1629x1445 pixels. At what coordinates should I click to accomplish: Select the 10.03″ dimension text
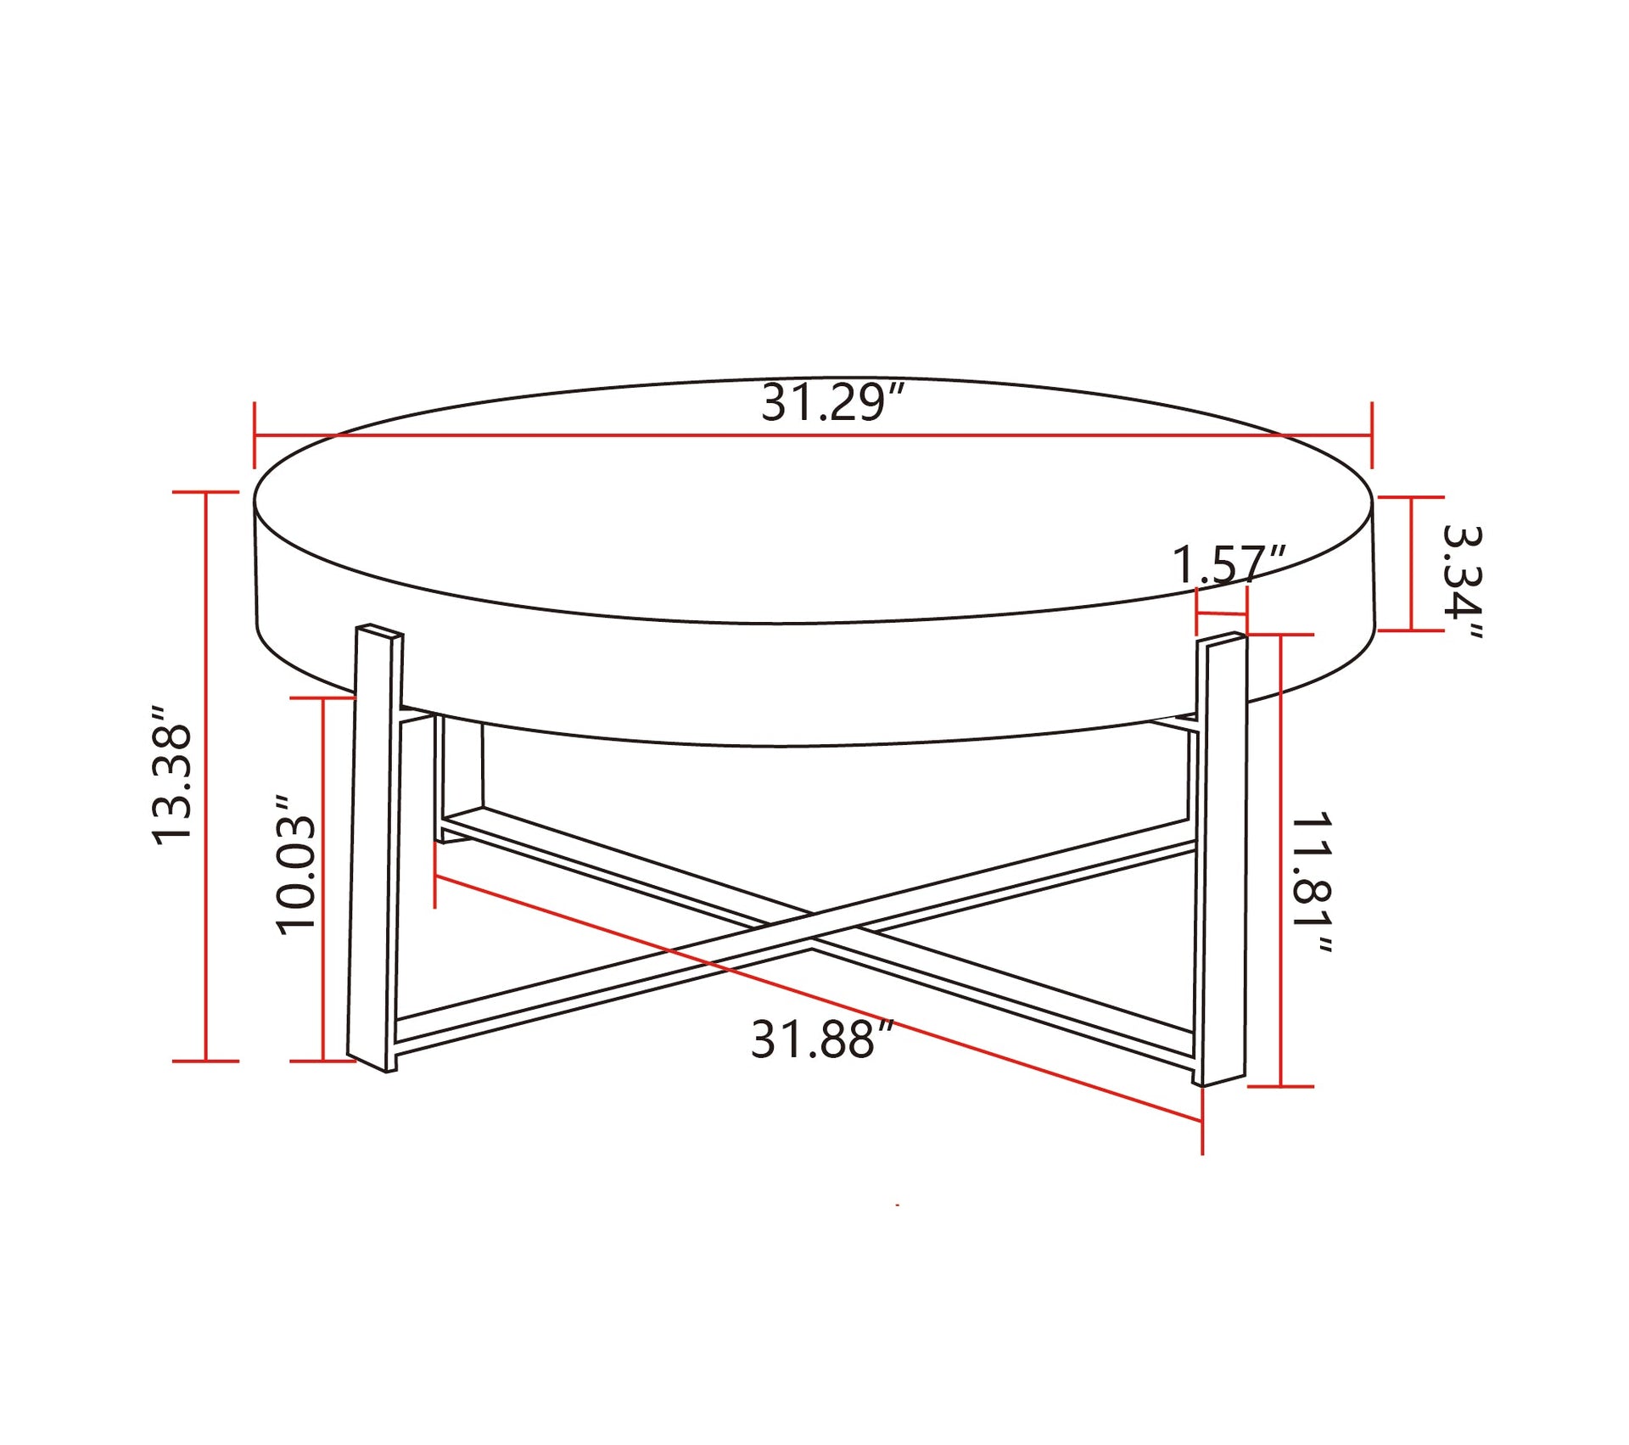tap(296, 865)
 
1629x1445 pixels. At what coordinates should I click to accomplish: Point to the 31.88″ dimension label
tap(822, 1039)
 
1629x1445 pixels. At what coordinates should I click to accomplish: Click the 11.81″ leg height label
tap(1310, 882)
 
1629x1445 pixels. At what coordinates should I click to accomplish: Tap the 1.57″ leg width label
tap(1229, 564)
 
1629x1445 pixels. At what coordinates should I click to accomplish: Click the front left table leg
tap(375, 849)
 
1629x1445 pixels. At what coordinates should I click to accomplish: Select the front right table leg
tap(1220, 859)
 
